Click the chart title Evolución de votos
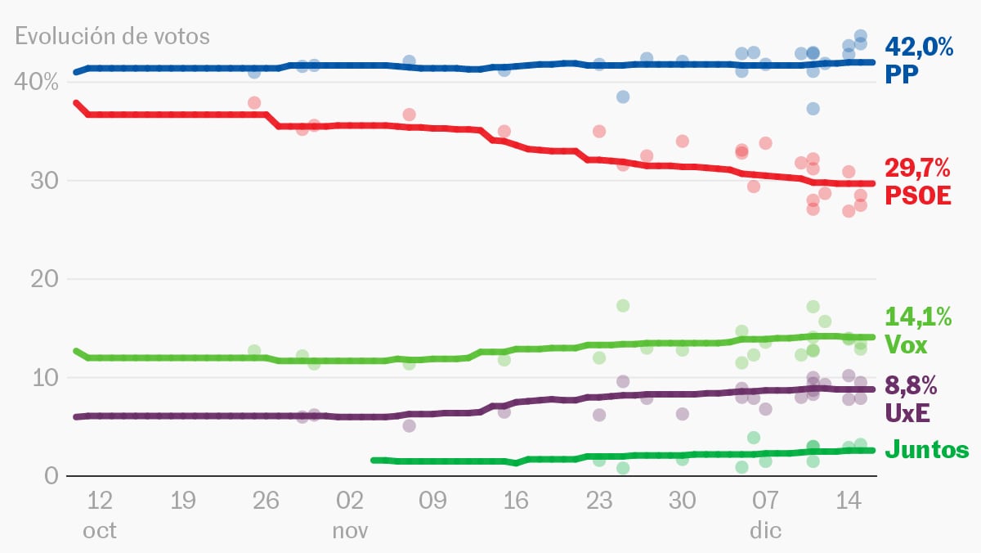tap(112, 37)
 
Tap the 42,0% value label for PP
tap(919, 47)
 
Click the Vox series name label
tap(907, 345)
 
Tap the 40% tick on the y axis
tap(35, 83)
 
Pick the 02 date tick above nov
tap(350, 500)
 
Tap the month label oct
tap(100, 530)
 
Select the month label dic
tap(765, 530)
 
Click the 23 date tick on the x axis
tap(599, 500)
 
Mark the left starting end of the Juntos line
tap(374, 461)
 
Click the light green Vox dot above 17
tap(623, 305)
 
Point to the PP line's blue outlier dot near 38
tap(623, 97)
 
